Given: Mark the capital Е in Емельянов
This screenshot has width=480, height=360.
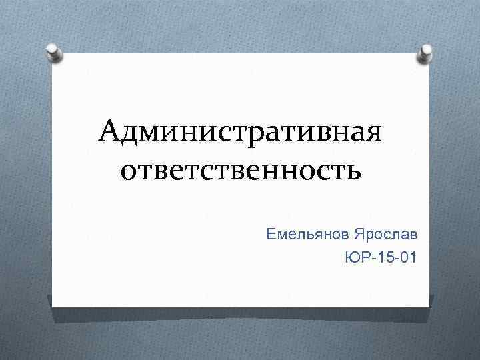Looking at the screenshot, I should click(x=270, y=234).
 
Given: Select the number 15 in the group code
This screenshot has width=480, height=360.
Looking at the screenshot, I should click(x=383, y=257).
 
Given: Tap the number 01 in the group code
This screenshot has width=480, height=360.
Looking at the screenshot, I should click(x=408, y=257).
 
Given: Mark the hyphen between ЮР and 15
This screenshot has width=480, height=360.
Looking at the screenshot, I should click(x=369, y=257).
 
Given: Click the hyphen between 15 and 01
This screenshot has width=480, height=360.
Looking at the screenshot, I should click(x=395, y=257).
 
